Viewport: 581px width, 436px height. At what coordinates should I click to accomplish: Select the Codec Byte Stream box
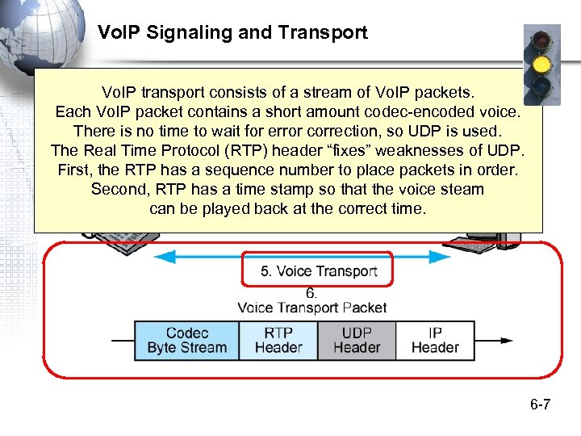pyautogui.click(x=186, y=340)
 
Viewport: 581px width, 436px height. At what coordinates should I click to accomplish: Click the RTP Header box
pyautogui.click(x=278, y=340)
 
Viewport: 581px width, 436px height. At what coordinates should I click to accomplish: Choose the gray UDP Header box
pyautogui.click(x=356, y=340)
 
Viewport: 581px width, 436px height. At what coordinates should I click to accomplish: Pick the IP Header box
pyautogui.click(x=434, y=340)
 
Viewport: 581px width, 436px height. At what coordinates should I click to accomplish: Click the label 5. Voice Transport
pyautogui.click(x=318, y=271)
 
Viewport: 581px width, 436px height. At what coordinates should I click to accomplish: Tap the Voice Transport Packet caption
pyautogui.click(x=311, y=308)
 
